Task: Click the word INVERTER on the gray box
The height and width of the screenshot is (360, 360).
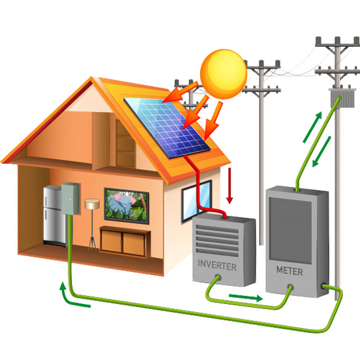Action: (x=217, y=265)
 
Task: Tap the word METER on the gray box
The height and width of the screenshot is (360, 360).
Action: (x=289, y=271)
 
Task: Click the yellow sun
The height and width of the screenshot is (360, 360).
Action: (x=223, y=74)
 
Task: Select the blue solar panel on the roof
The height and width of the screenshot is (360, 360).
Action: (x=167, y=127)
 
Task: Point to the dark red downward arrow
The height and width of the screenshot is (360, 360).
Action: (x=230, y=185)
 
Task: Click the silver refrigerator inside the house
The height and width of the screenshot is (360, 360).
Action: (x=54, y=216)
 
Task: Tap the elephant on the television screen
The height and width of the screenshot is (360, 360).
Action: (x=122, y=204)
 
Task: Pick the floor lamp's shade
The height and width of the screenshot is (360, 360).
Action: (x=92, y=204)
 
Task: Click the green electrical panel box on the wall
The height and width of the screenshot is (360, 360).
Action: (x=70, y=199)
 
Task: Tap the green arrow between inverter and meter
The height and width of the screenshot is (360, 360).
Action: (x=246, y=297)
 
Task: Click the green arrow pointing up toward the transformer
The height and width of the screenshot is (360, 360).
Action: (x=312, y=127)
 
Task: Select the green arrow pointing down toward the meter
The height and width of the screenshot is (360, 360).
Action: (x=321, y=151)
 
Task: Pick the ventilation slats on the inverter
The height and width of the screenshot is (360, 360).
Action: (x=217, y=240)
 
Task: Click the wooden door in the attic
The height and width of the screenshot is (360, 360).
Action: (x=125, y=143)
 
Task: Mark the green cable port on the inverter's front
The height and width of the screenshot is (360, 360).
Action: (x=218, y=277)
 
